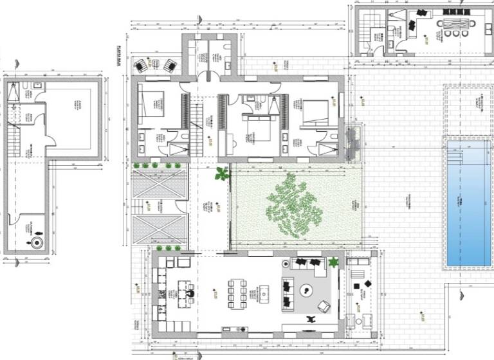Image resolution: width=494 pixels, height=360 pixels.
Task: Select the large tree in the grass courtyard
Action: (x=294, y=206)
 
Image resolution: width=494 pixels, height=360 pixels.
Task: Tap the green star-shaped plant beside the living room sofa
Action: (x=333, y=262)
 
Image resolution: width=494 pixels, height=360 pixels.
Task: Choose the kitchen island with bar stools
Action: (x=183, y=290)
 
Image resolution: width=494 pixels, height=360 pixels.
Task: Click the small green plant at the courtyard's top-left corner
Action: (x=222, y=174)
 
